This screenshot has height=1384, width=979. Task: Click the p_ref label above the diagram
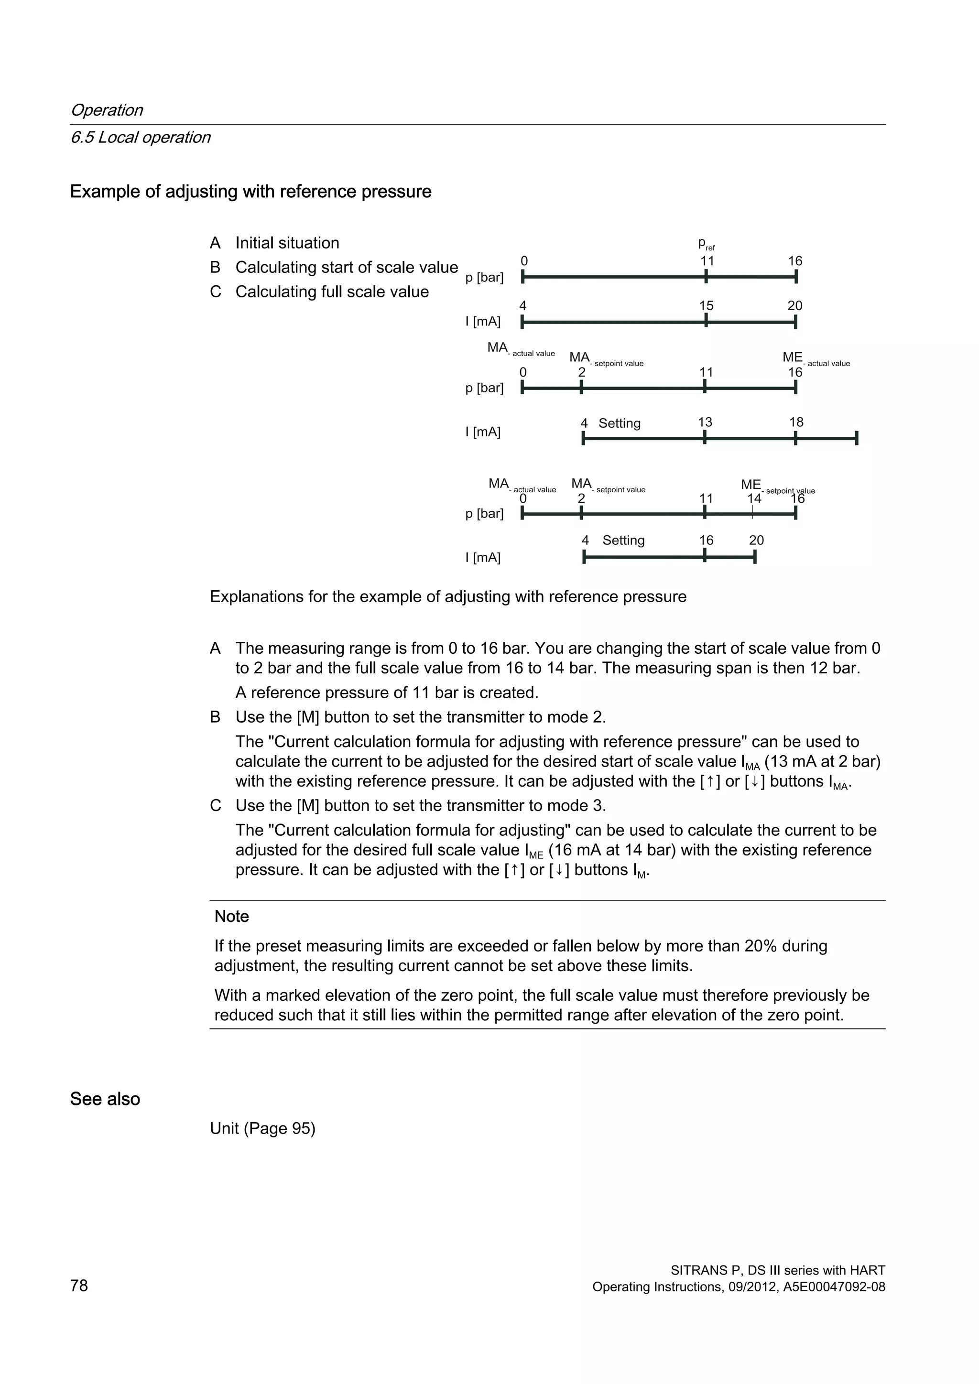click(x=706, y=244)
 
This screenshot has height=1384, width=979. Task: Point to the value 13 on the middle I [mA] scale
click(x=705, y=422)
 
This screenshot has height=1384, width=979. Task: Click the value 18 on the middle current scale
click(x=796, y=422)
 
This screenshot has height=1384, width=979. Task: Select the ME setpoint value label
click(x=778, y=487)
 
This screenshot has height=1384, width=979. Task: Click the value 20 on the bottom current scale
click(x=756, y=540)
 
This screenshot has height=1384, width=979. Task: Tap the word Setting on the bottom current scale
click(x=623, y=540)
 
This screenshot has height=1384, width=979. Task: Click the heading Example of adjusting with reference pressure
click(x=251, y=192)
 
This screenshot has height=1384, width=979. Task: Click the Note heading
click(x=231, y=916)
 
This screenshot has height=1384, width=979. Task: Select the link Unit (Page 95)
click(x=263, y=1128)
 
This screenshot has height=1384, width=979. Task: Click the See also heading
click(x=105, y=1099)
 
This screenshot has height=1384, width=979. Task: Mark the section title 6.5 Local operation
click(x=141, y=138)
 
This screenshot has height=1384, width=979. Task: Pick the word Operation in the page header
click(x=107, y=110)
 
